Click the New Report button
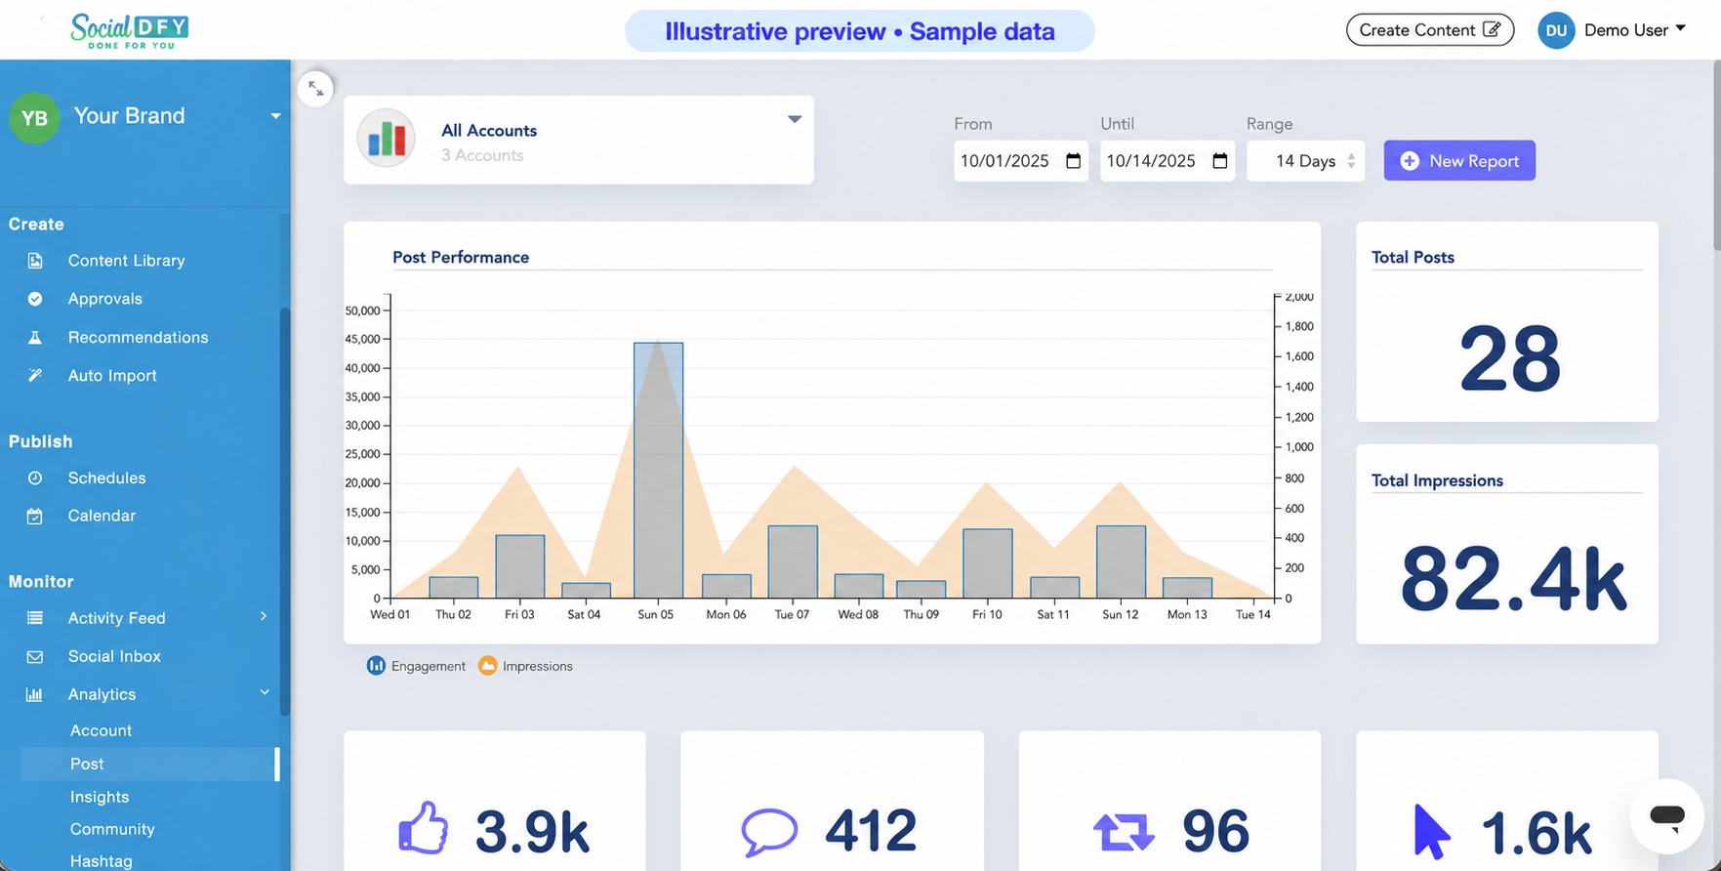pos(1459,161)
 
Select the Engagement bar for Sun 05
pos(658,470)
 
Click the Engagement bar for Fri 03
pos(520,566)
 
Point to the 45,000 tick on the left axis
pos(362,339)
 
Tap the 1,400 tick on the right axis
pos(1299,387)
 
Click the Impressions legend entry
pos(525,666)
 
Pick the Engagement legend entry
pos(416,666)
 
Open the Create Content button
pos(1430,30)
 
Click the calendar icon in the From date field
pos(1073,161)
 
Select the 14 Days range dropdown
pos(1306,161)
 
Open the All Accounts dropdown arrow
pos(795,119)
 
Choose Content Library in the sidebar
pos(126,261)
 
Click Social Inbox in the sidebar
pos(114,656)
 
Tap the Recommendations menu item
pos(138,337)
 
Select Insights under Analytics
pos(100,797)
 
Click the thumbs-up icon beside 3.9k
pos(423,829)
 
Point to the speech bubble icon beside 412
pos(769,831)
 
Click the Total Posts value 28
pos(1509,359)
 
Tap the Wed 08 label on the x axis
pos(858,614)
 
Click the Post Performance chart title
pos(461,257)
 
